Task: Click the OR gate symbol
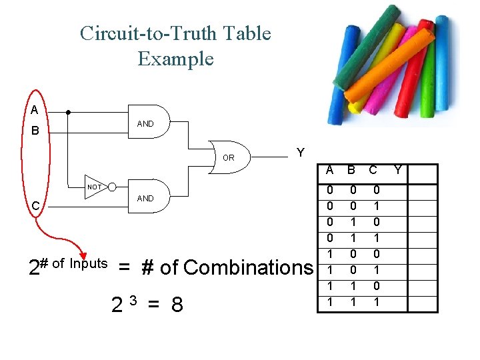click(229, 158)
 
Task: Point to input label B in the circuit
click(35, 131)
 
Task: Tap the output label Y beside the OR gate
click(301, 153)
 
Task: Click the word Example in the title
click(175, 59)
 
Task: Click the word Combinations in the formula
click(247, 267)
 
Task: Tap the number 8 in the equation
click(177, 305)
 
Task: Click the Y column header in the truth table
click(398, 171)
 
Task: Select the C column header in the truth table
click(373, 171)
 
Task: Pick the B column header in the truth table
click(350, 171)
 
